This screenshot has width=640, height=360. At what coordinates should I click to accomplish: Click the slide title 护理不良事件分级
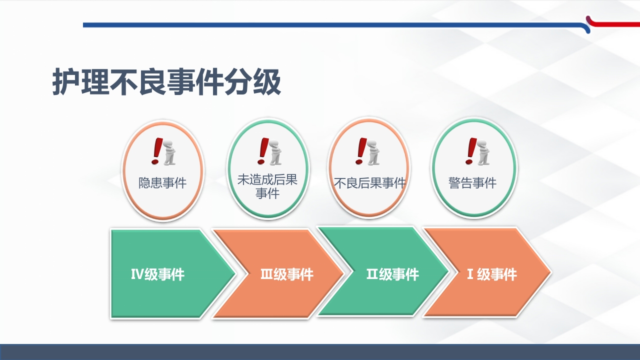(166, 82)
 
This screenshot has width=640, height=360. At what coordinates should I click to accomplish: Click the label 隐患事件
(162, 183)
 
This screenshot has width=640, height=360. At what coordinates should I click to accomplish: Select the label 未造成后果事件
(267, 186)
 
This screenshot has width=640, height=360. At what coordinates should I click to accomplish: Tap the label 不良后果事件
(369, 183)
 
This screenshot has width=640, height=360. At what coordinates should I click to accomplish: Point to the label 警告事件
(472, 183)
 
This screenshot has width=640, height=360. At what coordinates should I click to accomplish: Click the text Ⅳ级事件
(157, 274)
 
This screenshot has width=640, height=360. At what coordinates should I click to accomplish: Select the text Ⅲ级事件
(287, 274)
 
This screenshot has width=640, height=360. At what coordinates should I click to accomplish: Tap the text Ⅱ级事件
(392, 274)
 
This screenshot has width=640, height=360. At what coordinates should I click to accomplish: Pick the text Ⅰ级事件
(491, 274)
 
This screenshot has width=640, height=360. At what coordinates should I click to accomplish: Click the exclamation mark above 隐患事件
(157, 151)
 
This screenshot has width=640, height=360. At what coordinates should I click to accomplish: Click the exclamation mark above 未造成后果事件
(262, 151)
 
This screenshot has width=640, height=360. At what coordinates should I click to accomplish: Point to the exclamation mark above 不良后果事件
(360, 151)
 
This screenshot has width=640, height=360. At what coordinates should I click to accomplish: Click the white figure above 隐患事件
(169, 152)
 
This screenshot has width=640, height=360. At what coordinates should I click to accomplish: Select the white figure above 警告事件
(482, 152)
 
